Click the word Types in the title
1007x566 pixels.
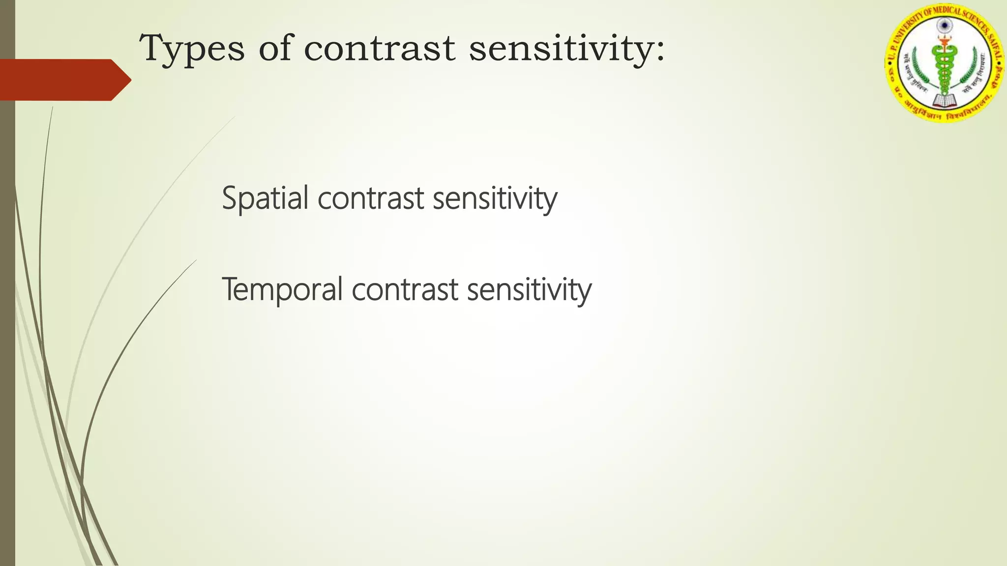click(x=192, y=49)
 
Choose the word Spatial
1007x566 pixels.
click(x=265, y=198)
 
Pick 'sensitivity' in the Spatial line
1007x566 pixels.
click(x=495, y=198)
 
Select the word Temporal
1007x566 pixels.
click(x=282, y=289)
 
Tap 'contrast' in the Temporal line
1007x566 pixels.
click(x=405, y=289)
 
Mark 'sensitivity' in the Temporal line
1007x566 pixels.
click(x=529, y=289)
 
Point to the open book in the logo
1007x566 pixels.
click(x=944, y=101)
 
